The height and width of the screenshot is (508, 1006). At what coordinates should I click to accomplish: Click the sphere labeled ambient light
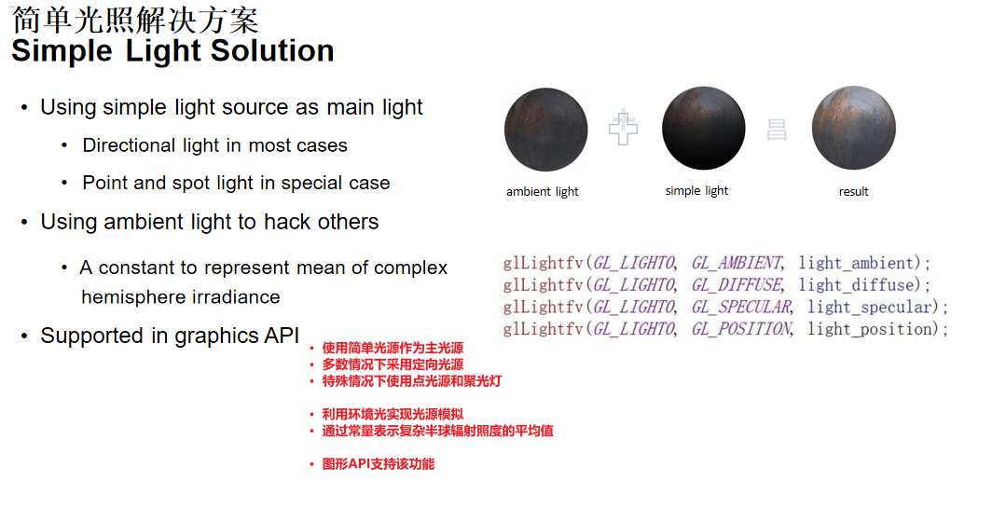tap(546, 130)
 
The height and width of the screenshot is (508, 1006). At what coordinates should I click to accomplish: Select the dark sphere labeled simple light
tap(704, 129)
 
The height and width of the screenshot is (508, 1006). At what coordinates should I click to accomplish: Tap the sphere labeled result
tap(854, 128)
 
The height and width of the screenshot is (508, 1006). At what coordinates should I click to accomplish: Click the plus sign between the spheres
tap(623, 128)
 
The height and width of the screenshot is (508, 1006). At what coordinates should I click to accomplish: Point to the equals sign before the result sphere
tap(777, 130)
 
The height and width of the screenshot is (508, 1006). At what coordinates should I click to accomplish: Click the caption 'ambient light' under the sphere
tap(542, 191)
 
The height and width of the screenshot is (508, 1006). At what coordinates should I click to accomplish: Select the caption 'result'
tap(853, 191)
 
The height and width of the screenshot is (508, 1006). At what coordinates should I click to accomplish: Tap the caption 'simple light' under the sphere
tap(696, 190)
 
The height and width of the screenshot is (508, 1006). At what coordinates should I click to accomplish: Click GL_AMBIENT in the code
tap(737, 263)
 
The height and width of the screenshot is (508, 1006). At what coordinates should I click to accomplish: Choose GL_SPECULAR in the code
tap(741, 307)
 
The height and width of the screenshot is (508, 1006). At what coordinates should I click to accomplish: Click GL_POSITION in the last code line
tap(741, 329)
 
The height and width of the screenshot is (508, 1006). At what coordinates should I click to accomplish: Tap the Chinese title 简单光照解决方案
tap(135, 20)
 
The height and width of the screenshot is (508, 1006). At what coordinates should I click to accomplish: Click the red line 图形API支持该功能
tap(378, 464)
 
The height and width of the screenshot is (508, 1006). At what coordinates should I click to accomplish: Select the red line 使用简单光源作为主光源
tap(393, 349)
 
